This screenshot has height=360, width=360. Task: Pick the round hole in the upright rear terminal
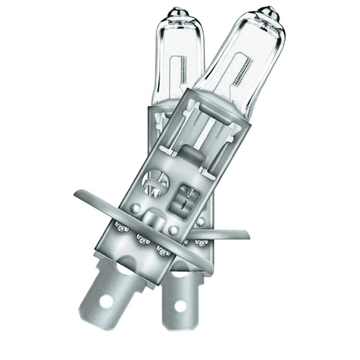point(180,306)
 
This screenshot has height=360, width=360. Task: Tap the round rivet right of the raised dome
point(174,229)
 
